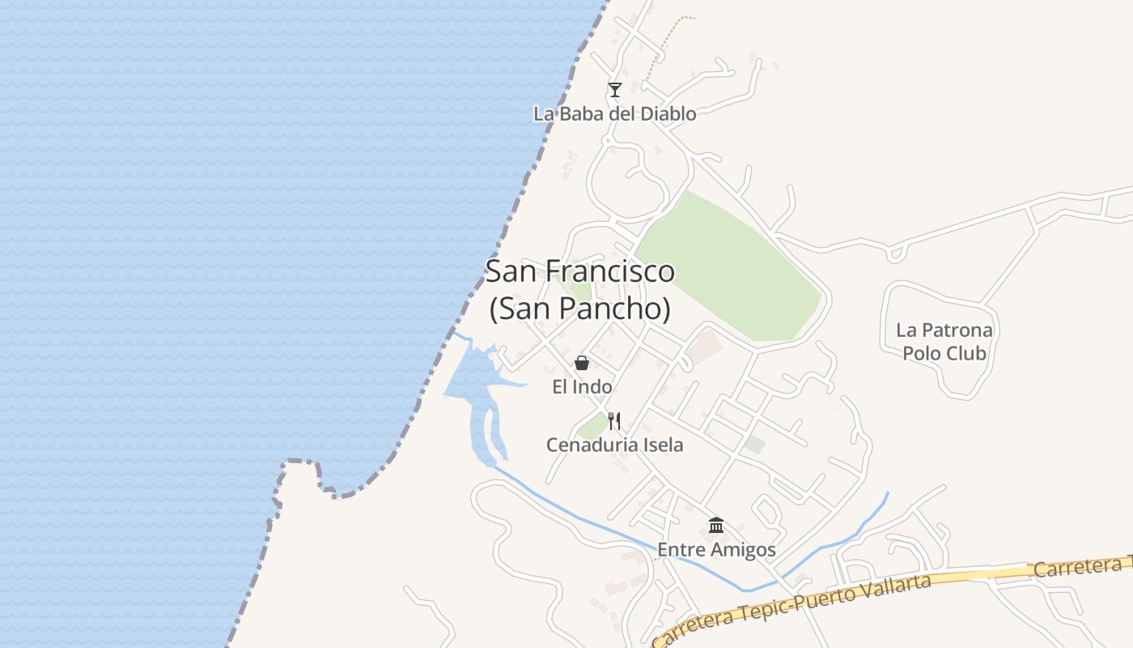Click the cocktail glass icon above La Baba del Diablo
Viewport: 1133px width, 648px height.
615,90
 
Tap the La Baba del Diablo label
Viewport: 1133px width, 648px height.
614,114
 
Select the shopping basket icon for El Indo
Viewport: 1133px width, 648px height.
582,363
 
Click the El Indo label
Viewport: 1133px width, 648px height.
582,387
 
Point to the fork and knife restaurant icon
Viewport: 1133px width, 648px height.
614,421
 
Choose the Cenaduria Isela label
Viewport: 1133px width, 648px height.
614,445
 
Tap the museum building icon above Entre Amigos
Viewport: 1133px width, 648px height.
716,526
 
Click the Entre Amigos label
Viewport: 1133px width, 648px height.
716,550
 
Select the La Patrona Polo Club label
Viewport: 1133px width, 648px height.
944,342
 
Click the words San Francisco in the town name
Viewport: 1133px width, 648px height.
579,271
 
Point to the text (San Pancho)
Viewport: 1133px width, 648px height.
579,309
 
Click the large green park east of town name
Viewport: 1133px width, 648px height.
728,267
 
